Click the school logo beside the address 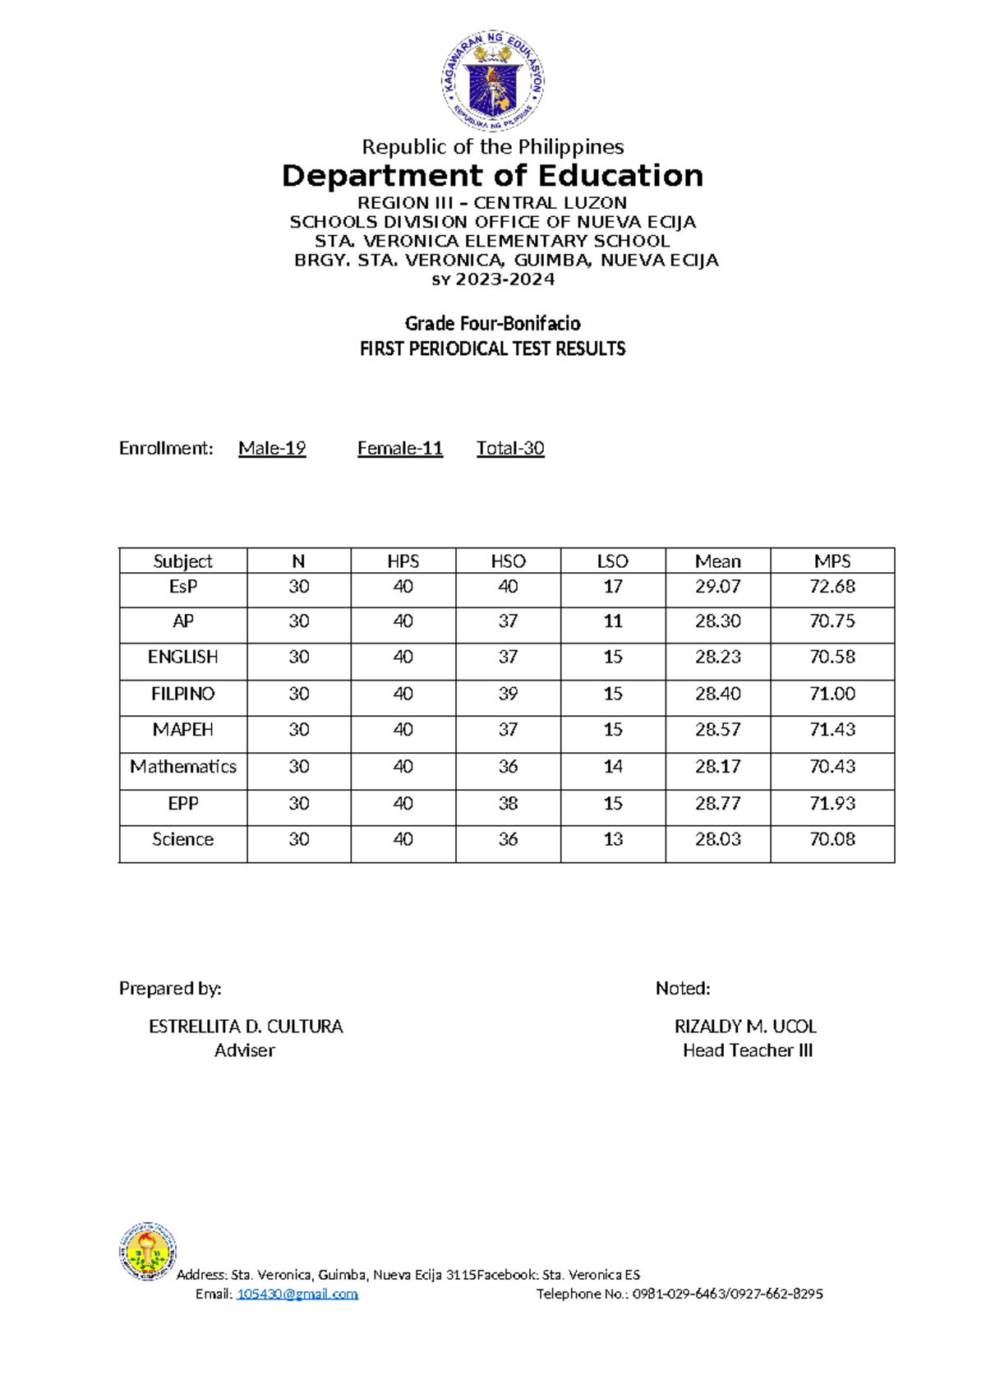(148, 1251)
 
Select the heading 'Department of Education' (492, 176)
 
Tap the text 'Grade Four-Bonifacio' (492, 323)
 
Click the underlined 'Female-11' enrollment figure (400, 448)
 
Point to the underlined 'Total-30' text (510, 448)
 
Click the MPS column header (832, 561)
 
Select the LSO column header (612, 561)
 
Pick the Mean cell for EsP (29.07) (717, 587)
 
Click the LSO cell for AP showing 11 (612, 621)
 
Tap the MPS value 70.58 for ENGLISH (832, 658)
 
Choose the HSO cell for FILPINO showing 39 (508, 694)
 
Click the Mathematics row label (183, 767)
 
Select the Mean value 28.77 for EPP (717, 804)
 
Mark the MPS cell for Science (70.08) (832, 840)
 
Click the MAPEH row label (183, 730)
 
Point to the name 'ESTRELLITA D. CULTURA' (246, 1027)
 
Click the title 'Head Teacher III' (747, 1050)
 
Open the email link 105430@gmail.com (297, 1294)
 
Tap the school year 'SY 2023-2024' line (493, 279)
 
